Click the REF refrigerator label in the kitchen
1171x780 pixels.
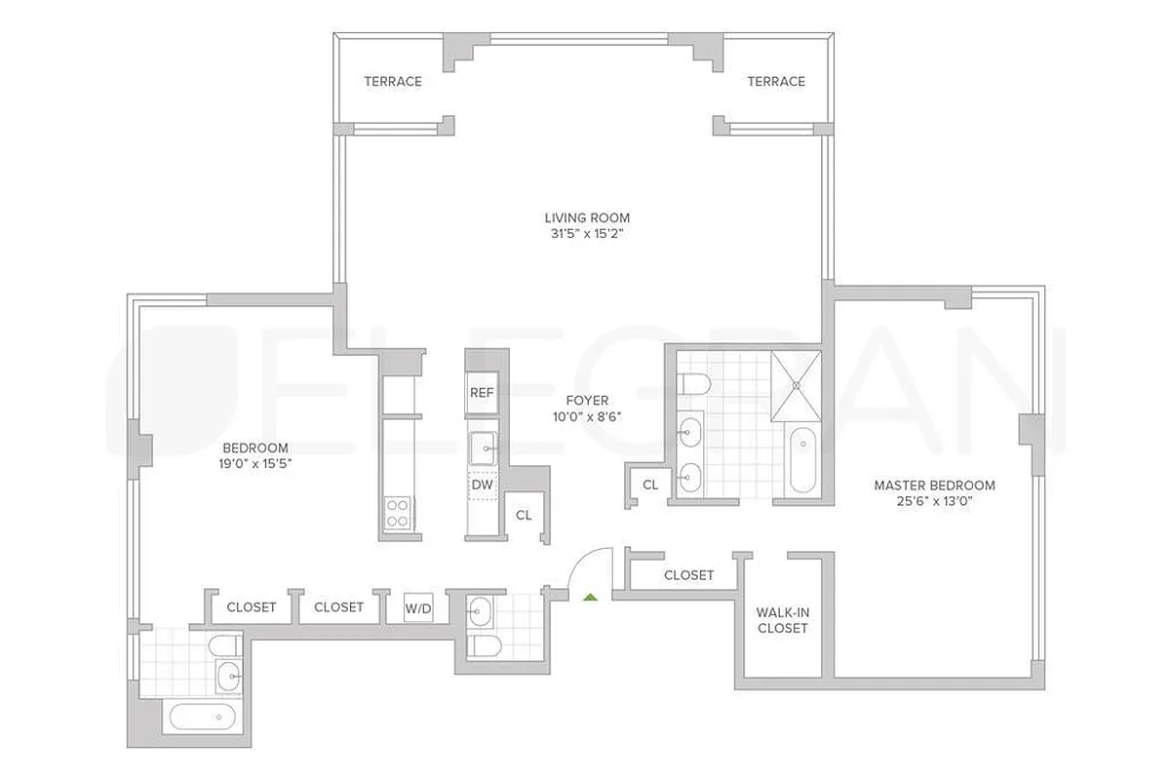pyautogui.click(x=482, y=393)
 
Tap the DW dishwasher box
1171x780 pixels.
pyautogui.click(x=482, y=484)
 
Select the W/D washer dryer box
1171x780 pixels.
pyautogui.click(x=418, y=608)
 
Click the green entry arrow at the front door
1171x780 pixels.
pyautogui.click(x=589, y=596)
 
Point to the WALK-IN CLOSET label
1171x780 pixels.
pyautogui.click(x=783, y=620)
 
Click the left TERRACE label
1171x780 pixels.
pyautogui.click(x=393, y=81)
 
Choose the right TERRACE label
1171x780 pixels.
pyautogui.click(x=776, y=81)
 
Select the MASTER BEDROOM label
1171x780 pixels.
pyautogui.click(x=934, y=485)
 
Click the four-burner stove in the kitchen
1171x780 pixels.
pyautogui.click(x=398, y=513)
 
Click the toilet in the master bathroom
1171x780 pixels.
pyautogui.click(x=695, y=383)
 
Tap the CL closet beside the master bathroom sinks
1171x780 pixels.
pyautogui.click(x=650, y=485)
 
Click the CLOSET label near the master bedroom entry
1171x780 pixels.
pyautogui.click(x=688, y=575)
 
